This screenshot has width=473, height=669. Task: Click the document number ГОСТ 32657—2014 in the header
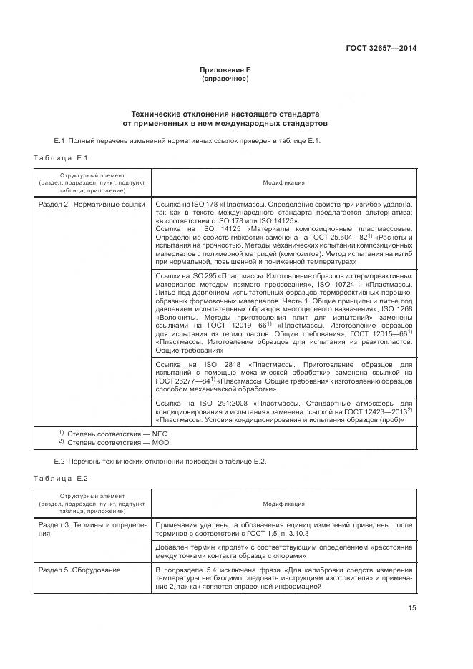381,48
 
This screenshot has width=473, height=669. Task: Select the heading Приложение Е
225,70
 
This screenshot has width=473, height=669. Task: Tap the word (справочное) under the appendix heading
225,79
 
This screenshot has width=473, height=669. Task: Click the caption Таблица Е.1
60,157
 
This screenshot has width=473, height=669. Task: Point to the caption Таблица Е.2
60,477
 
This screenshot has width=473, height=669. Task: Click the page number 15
411,608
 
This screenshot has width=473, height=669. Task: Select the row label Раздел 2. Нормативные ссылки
90,205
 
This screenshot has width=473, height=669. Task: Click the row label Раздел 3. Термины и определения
90,529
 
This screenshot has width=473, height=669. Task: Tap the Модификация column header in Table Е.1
283,182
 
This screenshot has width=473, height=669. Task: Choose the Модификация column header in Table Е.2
283,504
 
